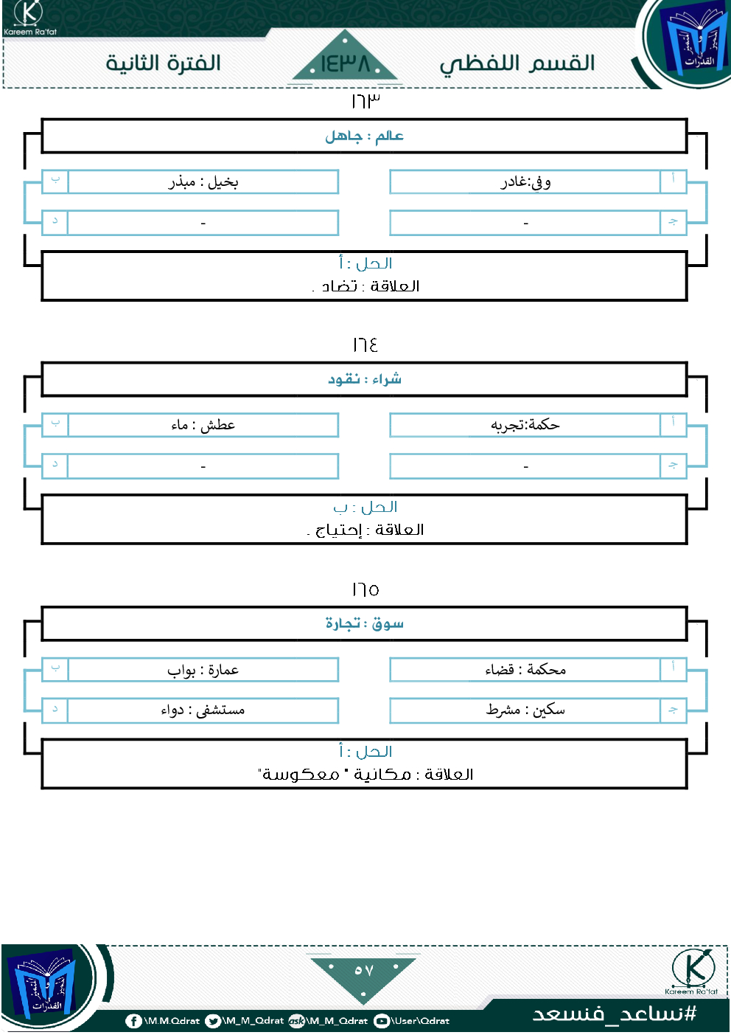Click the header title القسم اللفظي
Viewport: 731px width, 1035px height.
click(x=517, y=64)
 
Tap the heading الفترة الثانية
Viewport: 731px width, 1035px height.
click(x=164, y=63)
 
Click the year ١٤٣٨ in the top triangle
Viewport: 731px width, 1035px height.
click(x=345, y=63)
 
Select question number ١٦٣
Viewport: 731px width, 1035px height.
click(x=365, y=101)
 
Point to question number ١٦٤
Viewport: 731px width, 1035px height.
click(x=365, y=345)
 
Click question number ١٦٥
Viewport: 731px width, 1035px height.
click(x=365, y=589)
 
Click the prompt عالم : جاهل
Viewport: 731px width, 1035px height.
click(x=365, y=136)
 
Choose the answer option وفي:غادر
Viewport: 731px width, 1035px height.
click(x=525, y=182)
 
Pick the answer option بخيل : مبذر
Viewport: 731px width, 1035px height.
click(x=203, y=182)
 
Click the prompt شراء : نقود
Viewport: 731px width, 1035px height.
click(x=365, y=379)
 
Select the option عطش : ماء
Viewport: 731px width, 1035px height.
click(x=203, y=425)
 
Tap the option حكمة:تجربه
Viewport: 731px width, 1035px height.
click(x=525, y=425)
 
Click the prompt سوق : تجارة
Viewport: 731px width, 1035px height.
click(x=365, y=623)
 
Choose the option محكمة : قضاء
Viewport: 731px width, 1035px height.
click(x=525, y=670)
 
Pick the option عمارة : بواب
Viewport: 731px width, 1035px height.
click(x=203, y=670)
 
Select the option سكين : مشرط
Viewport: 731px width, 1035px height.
click(x=525, y=710)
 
